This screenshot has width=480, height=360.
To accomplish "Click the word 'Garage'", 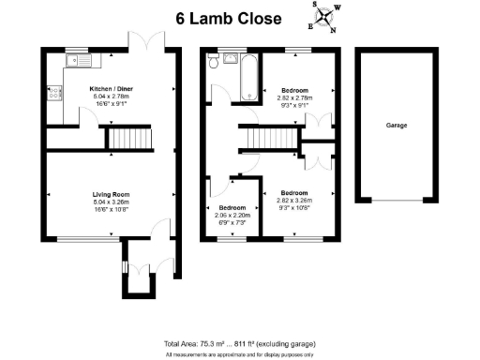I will (x=395, y=124).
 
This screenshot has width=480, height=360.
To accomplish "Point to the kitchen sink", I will (x=74, y=61).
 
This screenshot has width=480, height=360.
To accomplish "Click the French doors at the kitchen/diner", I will (x=145, y=43).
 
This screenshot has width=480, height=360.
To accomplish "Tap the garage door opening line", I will (x=395, y=201).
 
